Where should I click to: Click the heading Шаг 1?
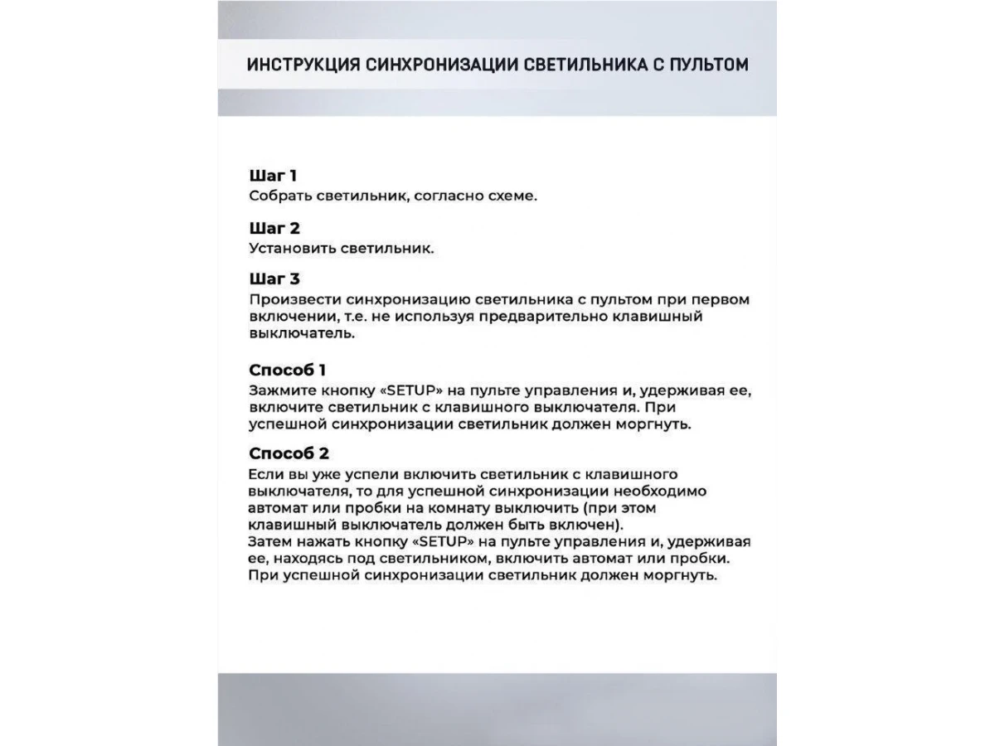pyautogui.click(x=273, y=176)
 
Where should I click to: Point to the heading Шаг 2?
pyautogui.click(x=274, y=228)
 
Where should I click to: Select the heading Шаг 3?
pyautogui.click(x=274, y=279)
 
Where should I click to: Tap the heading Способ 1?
pyautogui.click(x=287, y=370)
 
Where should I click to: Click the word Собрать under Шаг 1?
pyautogui.click(x=279, y=196)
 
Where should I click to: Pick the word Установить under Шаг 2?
pyautogui.click(x=287, y=249)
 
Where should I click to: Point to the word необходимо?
pyautogui.click(x=659, y=491)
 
